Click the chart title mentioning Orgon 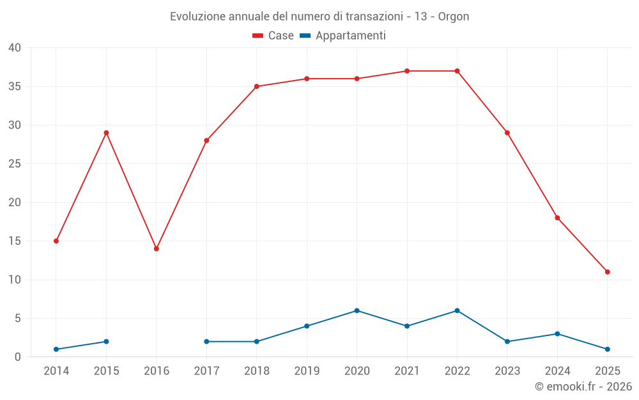point(319,17)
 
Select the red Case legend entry point(273,36)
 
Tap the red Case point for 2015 point(106,133)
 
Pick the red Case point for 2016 point(157,249)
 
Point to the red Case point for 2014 point(56,241)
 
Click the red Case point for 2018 point(257,86)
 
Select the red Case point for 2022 point(457,71)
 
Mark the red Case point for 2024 point(557,218)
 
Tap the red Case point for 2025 point(607,272)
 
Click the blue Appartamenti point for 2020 point(357,311)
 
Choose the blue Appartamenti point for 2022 point(457,311)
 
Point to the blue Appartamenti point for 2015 point(106,342)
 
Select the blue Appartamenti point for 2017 point(206,342)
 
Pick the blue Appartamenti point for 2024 point(557,334)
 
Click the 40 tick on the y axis point(15,48)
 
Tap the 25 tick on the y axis point(15,164)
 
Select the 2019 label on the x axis point(307,371)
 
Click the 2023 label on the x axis point(507,371)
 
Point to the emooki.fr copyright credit point(583,387)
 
